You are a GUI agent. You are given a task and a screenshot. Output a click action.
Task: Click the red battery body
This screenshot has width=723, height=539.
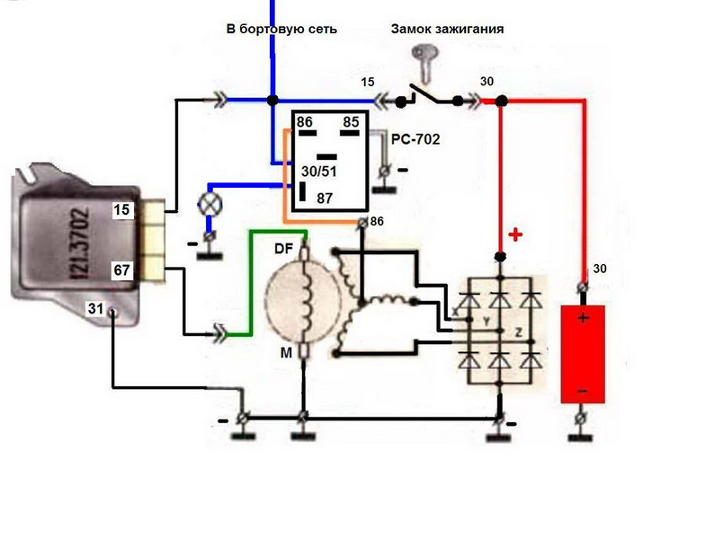(x=583, y=355)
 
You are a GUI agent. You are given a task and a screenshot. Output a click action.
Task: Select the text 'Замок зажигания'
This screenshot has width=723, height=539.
(x=447, y=29)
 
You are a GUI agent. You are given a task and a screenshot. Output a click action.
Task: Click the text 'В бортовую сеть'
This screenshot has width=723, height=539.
(x=281, y=29)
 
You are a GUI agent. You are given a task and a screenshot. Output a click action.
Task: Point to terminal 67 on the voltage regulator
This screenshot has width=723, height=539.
(x=123, y=269)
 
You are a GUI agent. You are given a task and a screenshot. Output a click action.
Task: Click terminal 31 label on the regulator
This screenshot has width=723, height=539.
(x=95, y=309)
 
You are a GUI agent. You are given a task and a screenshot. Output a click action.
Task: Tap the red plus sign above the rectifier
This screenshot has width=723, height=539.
(x=515, y=235)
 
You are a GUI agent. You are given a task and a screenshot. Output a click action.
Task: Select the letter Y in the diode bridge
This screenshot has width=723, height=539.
(x=486, y=320)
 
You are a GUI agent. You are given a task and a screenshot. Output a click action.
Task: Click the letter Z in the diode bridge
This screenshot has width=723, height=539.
(x=520, y=331)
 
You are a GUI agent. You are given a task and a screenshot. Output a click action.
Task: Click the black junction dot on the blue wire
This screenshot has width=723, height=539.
(x=272, y=100)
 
